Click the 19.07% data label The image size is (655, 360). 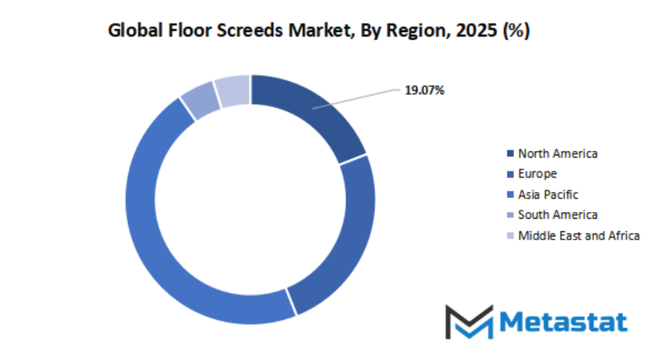click(424, 91)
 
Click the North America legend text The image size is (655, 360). click(557, 153)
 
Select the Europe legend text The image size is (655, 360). click(537, 174)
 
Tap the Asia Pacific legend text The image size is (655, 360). click(548, 194)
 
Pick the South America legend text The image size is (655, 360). click(557, 215)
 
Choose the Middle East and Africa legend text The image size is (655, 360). click(578, 236)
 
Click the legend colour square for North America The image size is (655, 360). click(509, 154)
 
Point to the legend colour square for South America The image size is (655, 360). click(509, 216)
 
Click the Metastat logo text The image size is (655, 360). click(563, 321)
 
